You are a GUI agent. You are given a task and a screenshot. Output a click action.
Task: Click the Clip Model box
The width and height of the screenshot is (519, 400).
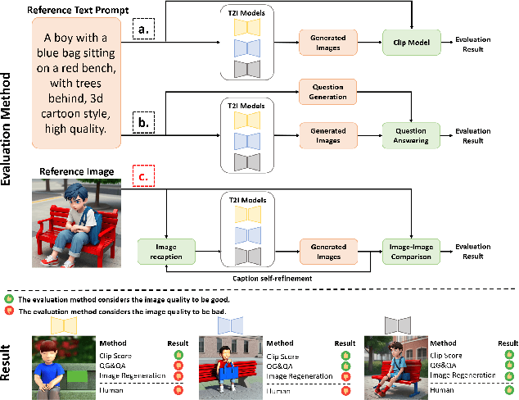411,41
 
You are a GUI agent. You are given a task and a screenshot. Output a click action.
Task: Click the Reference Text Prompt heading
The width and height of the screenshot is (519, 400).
69,10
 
